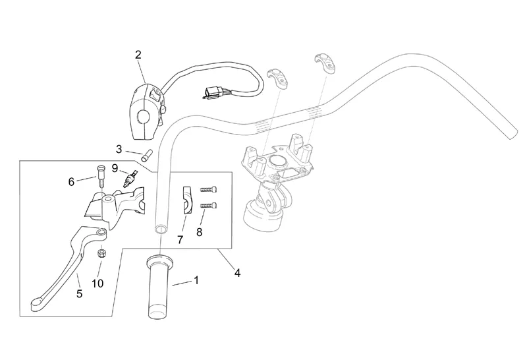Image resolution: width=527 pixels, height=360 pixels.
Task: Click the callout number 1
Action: (196, 280)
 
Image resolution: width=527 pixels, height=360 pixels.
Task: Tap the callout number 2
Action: (138, 55)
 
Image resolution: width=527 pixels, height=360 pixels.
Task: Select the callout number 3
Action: (119, 149)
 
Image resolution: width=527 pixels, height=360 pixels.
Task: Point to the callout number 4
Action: (237, 273)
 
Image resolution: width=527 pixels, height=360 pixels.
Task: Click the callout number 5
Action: (79, 293)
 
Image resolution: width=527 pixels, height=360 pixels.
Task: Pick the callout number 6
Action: (71, 182)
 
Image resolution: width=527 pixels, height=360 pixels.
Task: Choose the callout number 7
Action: (180, 240)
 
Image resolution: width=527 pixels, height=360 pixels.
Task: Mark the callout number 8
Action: (200, 232)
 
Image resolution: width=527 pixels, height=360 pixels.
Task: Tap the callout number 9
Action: (115, 168)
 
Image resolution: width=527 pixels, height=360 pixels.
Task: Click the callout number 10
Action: (97, 284)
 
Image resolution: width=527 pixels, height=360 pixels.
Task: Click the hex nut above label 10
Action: (102, 253)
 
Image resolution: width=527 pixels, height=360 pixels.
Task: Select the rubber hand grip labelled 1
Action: (159, 287)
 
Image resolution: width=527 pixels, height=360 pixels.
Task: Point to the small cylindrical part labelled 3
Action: (147, 155)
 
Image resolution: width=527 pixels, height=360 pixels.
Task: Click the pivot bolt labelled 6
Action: (101, 175)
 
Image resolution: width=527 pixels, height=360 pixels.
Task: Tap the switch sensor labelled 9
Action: (130, 178)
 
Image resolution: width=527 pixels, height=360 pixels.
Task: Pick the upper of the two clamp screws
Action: (208, 189)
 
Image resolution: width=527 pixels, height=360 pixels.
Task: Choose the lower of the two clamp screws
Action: (208, 205)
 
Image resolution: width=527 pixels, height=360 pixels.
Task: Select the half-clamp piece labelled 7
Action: (187, 200)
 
